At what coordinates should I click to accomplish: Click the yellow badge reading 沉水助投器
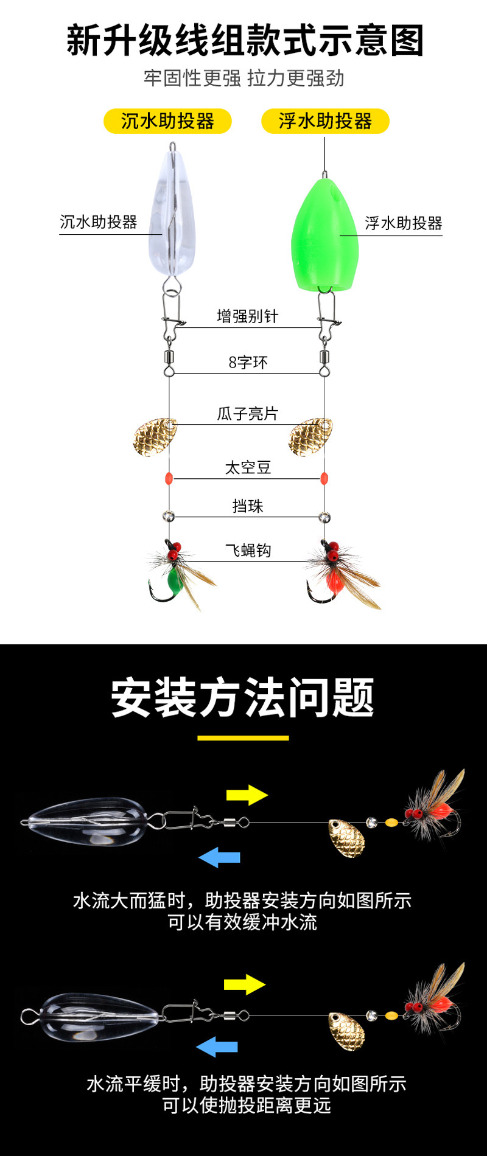[x=167, y=121]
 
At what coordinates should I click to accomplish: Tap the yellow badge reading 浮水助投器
[x=325, y=121]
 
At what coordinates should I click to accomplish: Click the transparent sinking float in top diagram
[x=172, y=213]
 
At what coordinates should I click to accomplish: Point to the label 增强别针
[x=247, y=316]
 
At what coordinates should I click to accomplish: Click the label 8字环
[x=248, y=363]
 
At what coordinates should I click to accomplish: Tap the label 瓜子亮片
[x=247, y=414]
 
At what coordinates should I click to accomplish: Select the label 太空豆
[x=248, y=467]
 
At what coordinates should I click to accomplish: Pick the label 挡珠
[x=247, y=506]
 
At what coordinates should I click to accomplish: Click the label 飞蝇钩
[x=248, y=551]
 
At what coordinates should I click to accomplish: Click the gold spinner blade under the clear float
[x=155, y=436]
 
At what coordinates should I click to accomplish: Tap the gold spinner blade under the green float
[x=310, y=436]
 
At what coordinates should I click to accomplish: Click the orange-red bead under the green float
[x=324, y=478]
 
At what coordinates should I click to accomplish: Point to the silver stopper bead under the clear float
[x=169, y=517]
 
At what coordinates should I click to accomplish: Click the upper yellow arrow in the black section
[x=247, y=795]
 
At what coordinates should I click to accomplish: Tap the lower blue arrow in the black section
[x=217, y=1047]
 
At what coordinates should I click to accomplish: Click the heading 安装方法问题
[x=243, y=698]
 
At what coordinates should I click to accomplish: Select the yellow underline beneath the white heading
[x=243, y=738]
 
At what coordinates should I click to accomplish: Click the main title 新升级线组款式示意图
[x=245, y=41]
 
